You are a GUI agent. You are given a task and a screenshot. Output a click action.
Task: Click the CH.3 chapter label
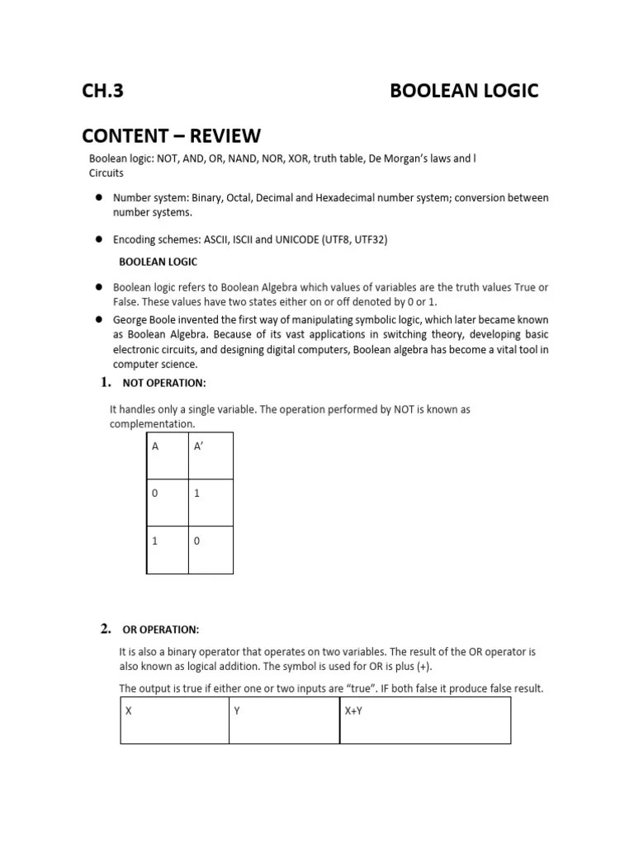pos(102,91)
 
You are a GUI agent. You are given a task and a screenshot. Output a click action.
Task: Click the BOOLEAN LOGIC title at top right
pos(463,91)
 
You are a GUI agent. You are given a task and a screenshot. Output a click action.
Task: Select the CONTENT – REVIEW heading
pos(171,135)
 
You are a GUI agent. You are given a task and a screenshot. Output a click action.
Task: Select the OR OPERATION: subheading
pos(160,630)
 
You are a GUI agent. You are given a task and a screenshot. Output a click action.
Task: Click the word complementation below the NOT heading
pos(152,423)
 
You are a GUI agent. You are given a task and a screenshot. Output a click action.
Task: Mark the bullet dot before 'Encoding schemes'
pos(97,239)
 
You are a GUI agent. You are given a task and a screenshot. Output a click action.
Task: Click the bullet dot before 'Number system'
pos(97,198)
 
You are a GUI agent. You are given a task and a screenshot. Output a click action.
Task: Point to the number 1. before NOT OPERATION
pos(105,382)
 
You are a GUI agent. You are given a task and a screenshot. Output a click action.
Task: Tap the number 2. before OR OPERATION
pos(105,630)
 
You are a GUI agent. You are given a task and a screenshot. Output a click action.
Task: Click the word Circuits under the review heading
pos(106,173)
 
